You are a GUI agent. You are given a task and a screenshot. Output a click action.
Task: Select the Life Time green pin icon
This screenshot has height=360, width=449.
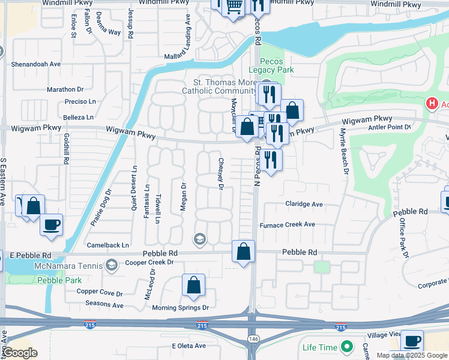tap(346, 347)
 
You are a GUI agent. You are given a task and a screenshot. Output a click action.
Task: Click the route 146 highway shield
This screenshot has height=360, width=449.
tap(253, 340)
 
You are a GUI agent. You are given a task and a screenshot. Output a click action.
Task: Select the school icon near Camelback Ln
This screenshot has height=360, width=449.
tap(199, 239)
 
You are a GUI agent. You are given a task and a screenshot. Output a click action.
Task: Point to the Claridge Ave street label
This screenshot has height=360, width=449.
tap(304, 204)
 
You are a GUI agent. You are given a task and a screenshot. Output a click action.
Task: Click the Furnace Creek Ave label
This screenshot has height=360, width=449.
tap(287, 225)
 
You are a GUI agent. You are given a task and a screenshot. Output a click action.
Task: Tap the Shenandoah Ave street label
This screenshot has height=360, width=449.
tap(36, 64)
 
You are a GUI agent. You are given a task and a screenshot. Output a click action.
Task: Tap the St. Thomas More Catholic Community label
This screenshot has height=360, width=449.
tap(216, 87)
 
